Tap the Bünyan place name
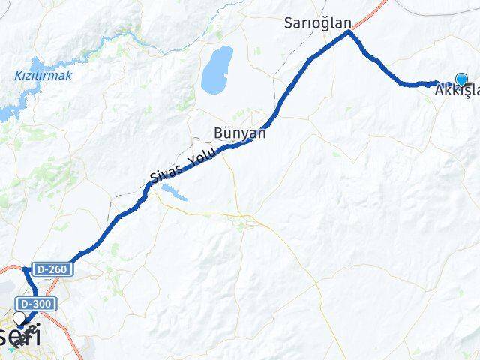239,133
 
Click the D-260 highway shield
49,268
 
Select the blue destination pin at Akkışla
460,79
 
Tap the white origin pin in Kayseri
19,319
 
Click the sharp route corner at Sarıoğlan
349,32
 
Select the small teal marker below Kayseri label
10,346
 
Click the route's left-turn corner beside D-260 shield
28,268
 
